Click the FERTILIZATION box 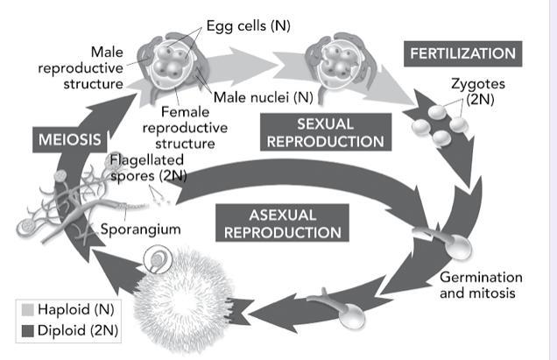point(462,53)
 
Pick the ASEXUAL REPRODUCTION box point(282,223)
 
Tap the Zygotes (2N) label point(478,91)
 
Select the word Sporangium point(140,229)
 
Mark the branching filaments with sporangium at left point(66,206)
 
